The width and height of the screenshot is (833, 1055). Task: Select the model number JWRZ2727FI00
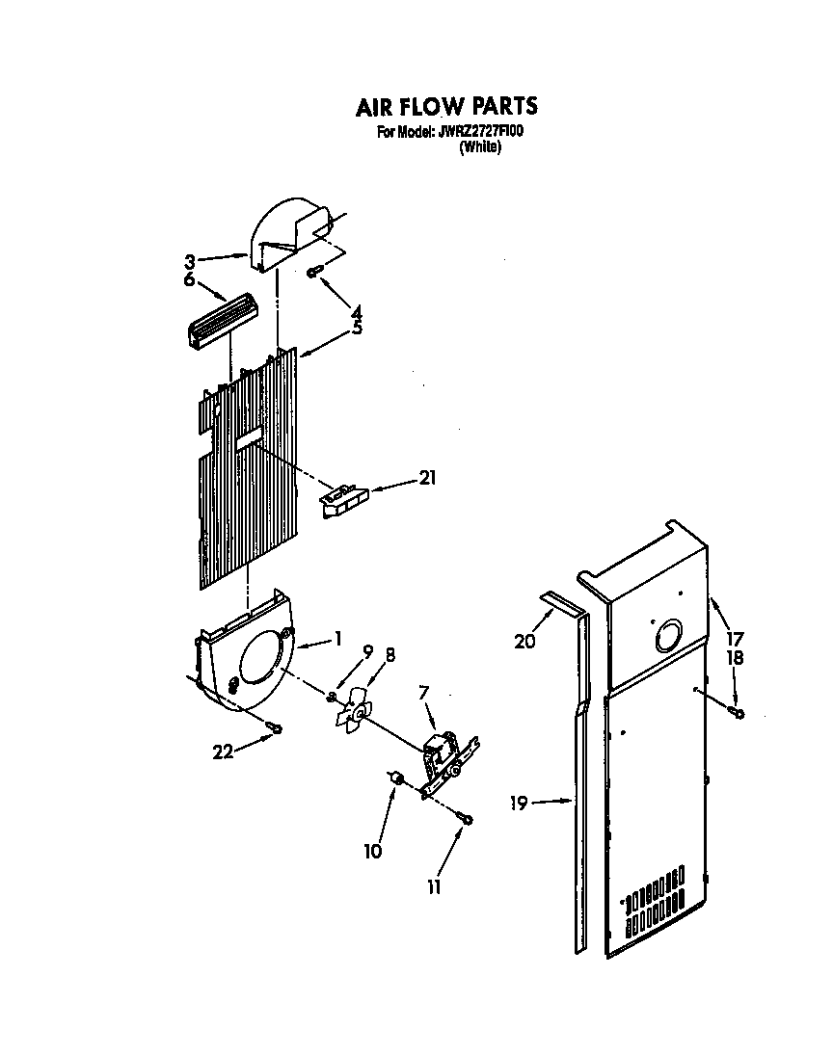480,132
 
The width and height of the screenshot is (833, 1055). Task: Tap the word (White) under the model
480,147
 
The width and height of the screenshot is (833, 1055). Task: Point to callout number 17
736,637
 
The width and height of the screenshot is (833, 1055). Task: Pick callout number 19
520,802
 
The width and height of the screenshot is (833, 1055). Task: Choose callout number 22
223,752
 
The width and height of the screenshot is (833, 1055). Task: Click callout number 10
372,851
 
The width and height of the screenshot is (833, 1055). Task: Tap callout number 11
435,887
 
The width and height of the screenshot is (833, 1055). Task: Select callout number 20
524,642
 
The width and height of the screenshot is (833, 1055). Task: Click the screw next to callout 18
738,713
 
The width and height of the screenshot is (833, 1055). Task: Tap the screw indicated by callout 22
277,728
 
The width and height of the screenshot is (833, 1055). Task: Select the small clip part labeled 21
345,500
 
